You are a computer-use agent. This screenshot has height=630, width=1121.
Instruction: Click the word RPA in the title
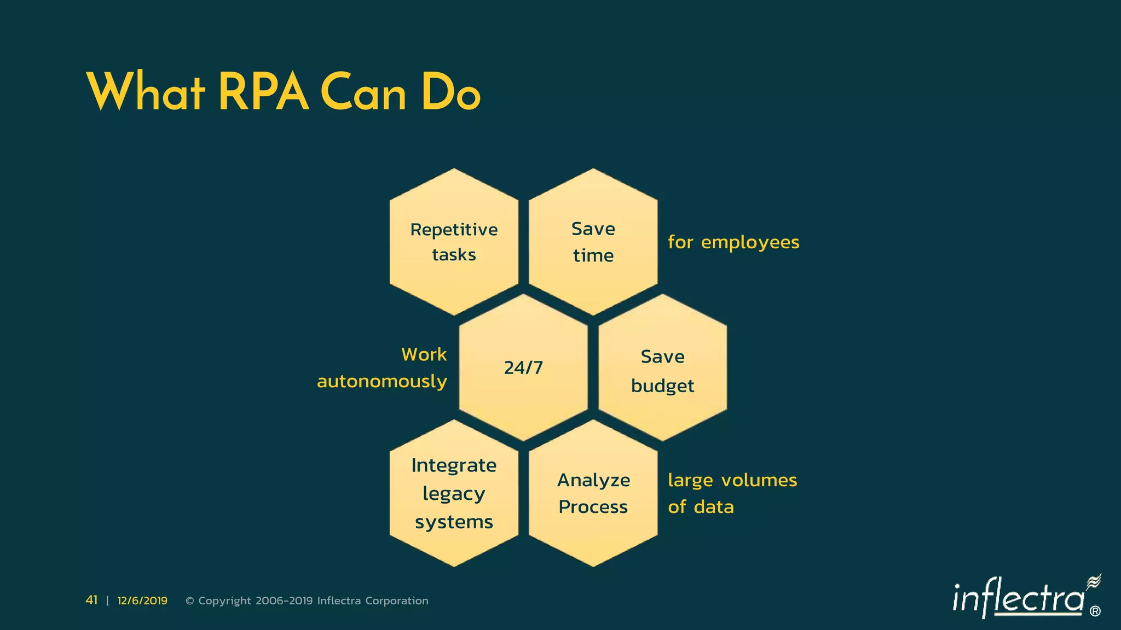coord(263,92)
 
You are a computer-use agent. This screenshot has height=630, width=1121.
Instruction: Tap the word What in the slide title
coord(146,92)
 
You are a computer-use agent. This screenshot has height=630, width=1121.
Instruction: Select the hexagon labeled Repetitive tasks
coord(454,242)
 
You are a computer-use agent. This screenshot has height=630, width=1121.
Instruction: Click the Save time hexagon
coord(593,242)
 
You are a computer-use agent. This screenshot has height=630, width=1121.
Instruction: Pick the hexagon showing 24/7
coord(523,367)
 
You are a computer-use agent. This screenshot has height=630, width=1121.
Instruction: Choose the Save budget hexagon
coord(662,367)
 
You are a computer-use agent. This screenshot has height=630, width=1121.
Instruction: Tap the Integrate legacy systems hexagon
coord(454,493)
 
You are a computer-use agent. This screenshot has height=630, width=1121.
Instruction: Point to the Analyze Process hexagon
coord(593,493)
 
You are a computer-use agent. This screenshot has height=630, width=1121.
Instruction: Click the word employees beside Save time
coord(750,242)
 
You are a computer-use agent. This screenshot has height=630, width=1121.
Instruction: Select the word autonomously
coord(382,381)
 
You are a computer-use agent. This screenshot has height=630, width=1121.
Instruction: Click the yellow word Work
coord(424,354)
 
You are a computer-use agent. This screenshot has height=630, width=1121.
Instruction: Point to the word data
coord(714,507)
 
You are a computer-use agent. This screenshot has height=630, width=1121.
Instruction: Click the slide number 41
coord(91,600)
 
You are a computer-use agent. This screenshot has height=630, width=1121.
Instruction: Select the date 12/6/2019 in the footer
coord(142,600)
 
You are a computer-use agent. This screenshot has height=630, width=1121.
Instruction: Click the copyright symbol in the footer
coord(190,601)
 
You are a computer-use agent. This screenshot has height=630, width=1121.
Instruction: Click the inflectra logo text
coord(1018,599)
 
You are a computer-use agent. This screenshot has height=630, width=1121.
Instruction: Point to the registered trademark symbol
coord(1095,611)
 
